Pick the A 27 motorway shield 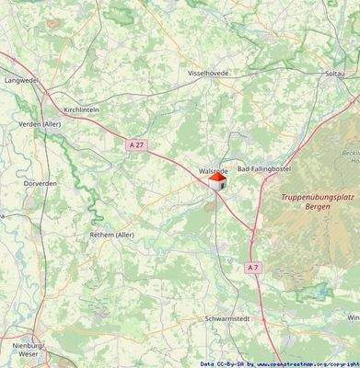point(136,144)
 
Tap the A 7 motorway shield point(253,267)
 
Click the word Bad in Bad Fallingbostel point(245,170)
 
